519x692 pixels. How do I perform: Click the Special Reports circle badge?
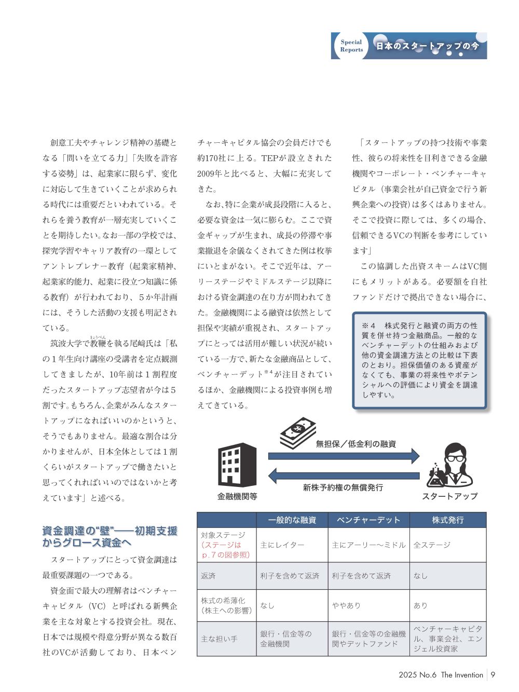click(351, 46)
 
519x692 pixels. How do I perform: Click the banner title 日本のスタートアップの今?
click(427, 46)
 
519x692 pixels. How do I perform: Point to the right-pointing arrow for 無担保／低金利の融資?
click(344, 456)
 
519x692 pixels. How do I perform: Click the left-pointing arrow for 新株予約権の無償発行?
click(344, 475)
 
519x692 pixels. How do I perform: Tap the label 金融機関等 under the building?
click(237, 496)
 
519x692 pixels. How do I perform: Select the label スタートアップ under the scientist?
click(449, 496)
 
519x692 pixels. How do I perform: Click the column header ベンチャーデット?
click(368, 520)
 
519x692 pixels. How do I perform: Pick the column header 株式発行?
click(448, 520)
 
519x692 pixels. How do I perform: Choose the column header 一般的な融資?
click(292, 520)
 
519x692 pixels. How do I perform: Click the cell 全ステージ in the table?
click(432, 545)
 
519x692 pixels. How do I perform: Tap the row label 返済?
click(209, 576)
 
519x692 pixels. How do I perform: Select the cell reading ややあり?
click(346, 605)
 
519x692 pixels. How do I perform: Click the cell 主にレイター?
click(282, 545)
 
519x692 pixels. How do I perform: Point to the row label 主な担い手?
click(220, 639)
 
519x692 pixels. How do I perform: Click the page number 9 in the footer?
click(493, 675)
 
